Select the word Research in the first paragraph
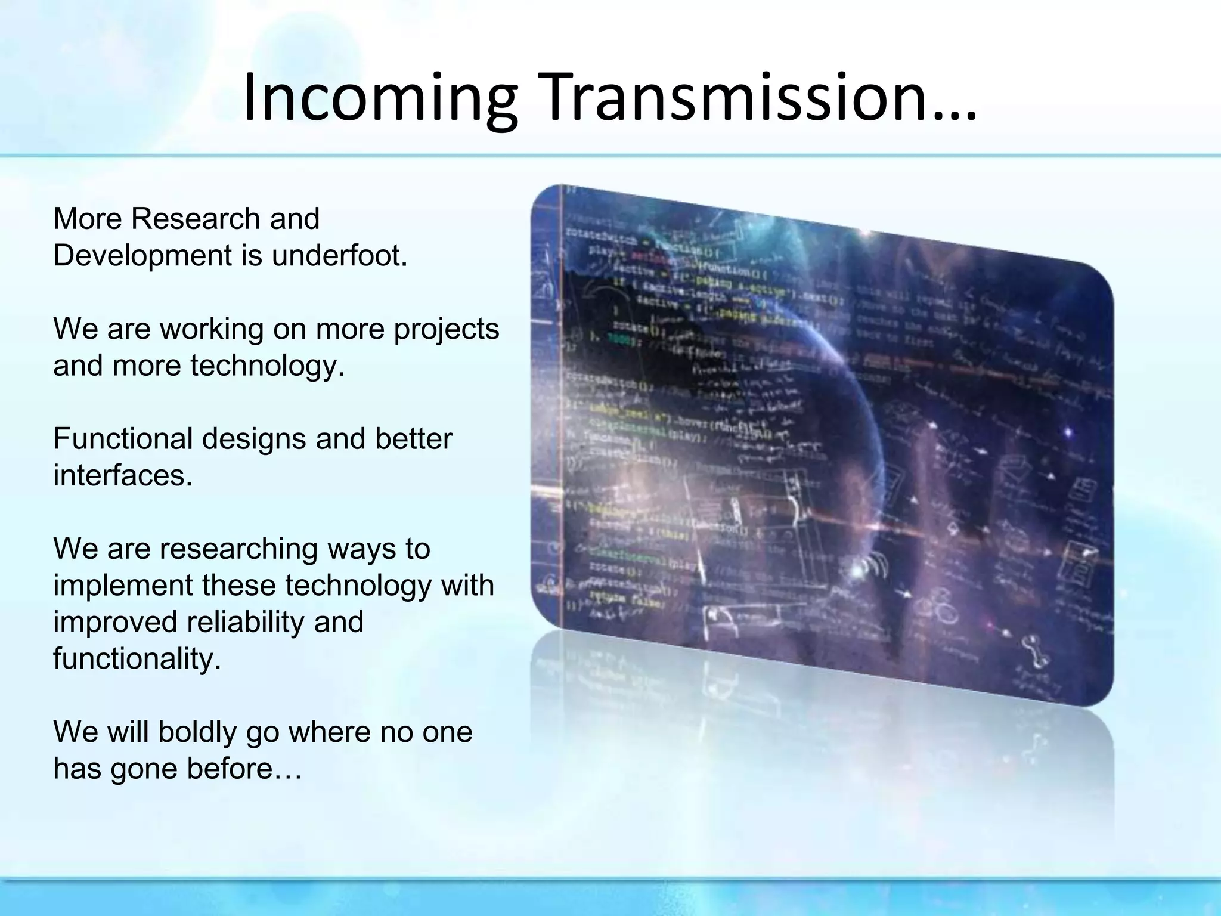coord(196,219)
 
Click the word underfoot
coord(340,256)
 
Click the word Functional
coord(123,439)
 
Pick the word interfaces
coord(123,476)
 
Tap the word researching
coord(238,549)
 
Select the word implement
coord(123,586)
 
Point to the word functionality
coord(137,659)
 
